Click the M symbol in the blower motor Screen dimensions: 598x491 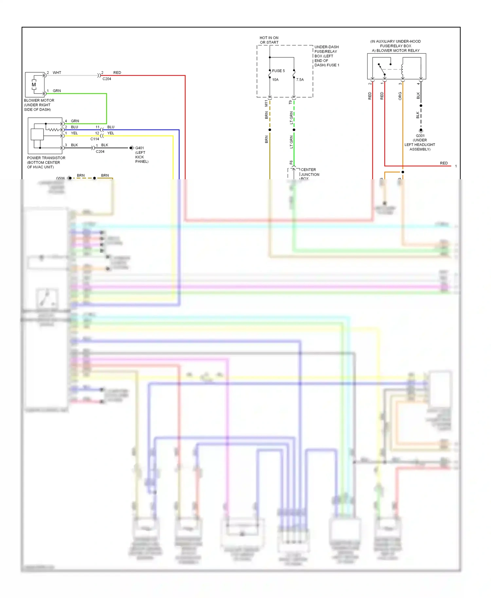point(34,85)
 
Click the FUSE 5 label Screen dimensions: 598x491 point(278,71)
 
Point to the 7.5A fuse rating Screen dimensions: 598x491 point(300,79)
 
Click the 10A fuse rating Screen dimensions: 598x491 point(275,79)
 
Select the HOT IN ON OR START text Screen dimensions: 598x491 point(269,40)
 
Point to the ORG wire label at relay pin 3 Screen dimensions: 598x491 point(400,96)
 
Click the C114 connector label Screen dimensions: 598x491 point(95,139)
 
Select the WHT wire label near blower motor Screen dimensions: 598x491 point(57,73)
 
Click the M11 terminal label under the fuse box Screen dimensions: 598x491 point(266,103)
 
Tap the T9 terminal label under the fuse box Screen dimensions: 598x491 point(290,102)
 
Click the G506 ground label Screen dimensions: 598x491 point(60,178)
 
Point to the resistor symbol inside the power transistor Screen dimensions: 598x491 point(54,130)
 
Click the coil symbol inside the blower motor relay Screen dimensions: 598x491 point(402,69)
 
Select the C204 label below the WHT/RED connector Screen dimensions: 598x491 point(107,79)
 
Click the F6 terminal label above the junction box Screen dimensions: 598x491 point(291,162)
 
